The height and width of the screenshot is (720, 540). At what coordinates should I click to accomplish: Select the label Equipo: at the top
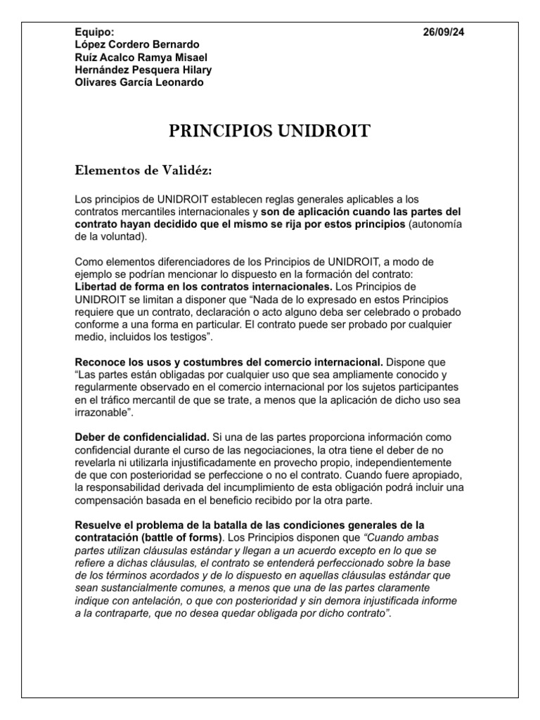click(x=94, y=32)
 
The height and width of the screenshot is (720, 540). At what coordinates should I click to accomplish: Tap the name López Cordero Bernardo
click(x=136, y=45)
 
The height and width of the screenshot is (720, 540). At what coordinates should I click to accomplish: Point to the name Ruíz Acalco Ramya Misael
click(x=141, y=58)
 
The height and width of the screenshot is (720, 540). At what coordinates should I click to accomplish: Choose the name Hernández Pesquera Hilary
click(x=143, y=70)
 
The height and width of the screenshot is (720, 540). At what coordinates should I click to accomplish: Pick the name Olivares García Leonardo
click(x=139, y=82)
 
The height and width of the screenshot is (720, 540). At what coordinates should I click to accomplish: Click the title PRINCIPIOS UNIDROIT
click(x=269, y=132)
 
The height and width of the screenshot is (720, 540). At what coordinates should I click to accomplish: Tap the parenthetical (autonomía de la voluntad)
click(x=450, y=224)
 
